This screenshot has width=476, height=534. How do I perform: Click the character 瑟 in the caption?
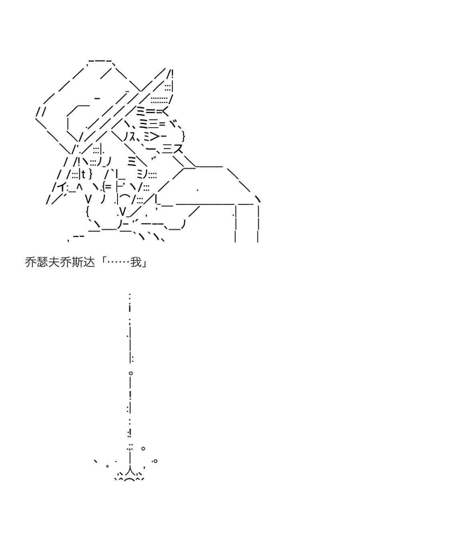coord(42,262)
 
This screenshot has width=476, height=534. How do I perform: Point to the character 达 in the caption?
coord(89,262)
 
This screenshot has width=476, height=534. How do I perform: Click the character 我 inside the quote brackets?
coord(136,262)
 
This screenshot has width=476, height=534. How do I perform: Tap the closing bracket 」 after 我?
coord(144,262)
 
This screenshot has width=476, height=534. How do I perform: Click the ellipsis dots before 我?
coord(119,262)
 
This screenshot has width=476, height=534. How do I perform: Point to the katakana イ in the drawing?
coord(60,187)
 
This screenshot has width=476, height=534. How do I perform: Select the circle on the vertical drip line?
coord(130,373)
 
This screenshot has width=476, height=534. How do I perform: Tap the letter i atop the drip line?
coord(130,308)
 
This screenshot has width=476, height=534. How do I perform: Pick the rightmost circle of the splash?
coord(156,461)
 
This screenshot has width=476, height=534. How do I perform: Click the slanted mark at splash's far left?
coord(96,461)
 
